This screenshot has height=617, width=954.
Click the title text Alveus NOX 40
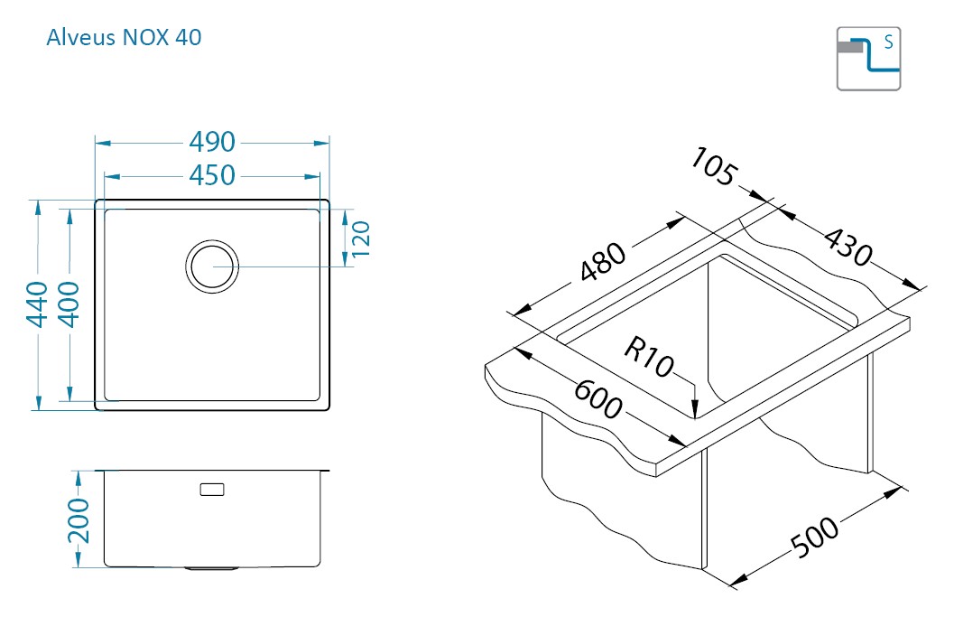pos(124,37)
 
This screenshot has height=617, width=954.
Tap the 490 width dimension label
pos(212,142)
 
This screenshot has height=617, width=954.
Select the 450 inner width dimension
pos(212,175)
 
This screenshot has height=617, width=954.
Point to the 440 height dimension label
pos(38,304)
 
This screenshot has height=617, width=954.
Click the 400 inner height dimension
pos(70,304)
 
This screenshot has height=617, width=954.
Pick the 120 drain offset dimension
pos(361,238)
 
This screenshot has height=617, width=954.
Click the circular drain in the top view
pos(212,266)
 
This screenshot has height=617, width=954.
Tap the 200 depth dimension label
pos(79,520)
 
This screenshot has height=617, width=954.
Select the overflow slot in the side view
pos(212,489)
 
